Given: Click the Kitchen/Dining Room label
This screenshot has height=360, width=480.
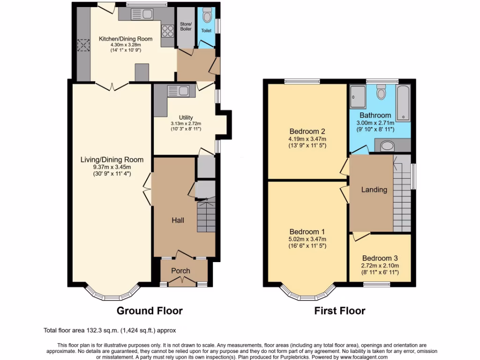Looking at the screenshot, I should point(125,38).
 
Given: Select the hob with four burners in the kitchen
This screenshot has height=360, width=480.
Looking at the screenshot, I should point(167,31).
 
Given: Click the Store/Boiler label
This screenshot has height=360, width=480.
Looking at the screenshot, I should point(186,27).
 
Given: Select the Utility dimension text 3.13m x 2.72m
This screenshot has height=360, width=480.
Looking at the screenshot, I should point(186,124).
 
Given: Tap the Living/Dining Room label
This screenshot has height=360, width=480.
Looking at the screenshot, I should point(112,160).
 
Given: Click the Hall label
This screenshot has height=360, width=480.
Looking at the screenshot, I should point(178,220).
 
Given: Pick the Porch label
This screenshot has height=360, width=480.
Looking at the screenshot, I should point(180,270).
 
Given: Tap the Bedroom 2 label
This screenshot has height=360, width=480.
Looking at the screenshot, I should point(307,131).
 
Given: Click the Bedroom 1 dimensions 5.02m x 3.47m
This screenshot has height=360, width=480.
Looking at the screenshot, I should point(307,239).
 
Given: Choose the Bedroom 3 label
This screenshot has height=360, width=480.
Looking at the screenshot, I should point(380,258).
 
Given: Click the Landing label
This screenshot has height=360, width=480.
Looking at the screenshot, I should point(374,189).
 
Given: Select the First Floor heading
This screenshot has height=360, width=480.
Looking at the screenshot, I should point(339,310).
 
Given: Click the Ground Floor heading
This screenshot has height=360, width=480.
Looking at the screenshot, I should point(149,310).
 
